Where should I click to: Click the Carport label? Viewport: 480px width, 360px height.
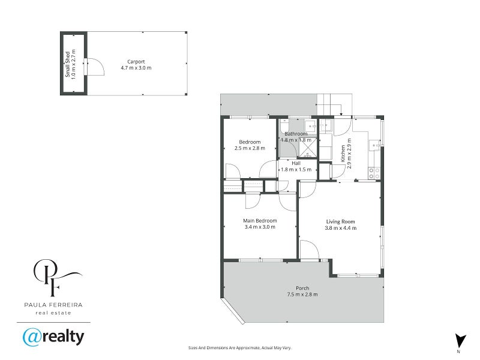tap(136, 61)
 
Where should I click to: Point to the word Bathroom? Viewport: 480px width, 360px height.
tap(296, 134)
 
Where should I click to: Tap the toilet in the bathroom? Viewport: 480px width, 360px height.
tap(310, 125)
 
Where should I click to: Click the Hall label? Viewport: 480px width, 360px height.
tap(296, 163)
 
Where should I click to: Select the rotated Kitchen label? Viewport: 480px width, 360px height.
tap(343, 154)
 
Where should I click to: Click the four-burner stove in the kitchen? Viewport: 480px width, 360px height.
tap(374, 173)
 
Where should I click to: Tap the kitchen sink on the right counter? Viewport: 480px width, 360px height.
tap(375, 144)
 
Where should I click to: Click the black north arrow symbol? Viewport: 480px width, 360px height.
tap(459, 340)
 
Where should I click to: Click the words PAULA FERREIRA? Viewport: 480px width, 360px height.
tap(53, 305)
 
